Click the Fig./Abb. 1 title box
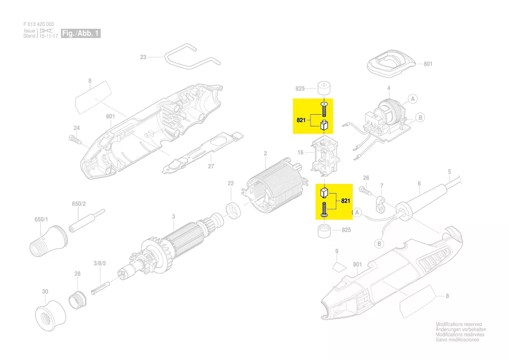click(81, 33)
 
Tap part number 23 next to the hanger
click(143, 57)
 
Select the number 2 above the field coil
click(265, 153)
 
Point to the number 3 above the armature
click(174, 216)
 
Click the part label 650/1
click(41, 220)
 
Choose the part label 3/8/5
click(100, 263)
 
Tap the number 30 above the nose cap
click(45, 292)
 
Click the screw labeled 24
click(74, 140)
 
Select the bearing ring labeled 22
click(233, 210)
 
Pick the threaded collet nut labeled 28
click(78, 299)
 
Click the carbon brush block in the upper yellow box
click(325, 126)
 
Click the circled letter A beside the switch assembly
click(413, 99)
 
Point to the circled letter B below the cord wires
click(379, 243)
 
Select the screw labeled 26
click(365, 190)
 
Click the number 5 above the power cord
click(449, 171)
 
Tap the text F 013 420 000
click(39, 24)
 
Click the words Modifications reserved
click(458, 324)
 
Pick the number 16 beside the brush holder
click(300, 153)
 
